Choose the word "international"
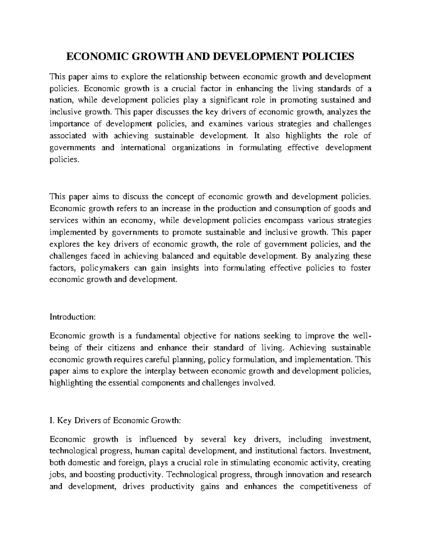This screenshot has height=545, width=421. [143, 148]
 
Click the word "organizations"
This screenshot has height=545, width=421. [196, 148]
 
